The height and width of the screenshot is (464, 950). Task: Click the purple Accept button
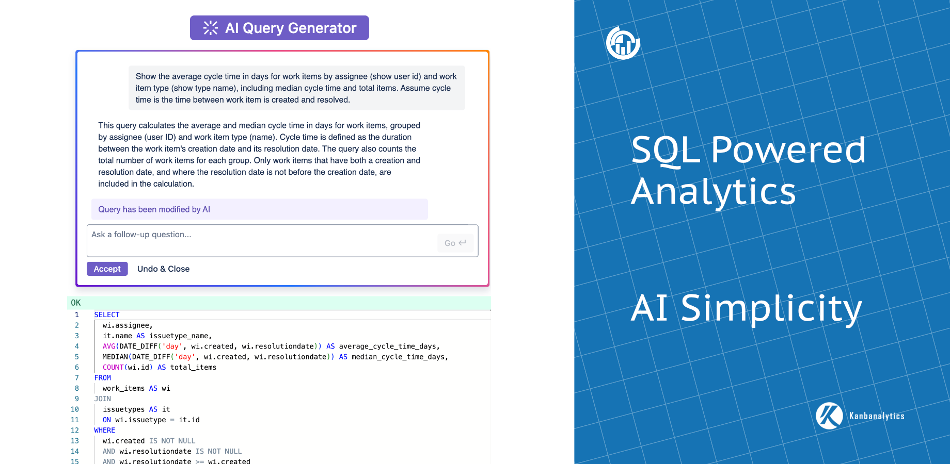click(107, 269)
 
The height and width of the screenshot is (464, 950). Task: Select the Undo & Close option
click(163, 269)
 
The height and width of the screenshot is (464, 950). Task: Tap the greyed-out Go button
click(455, 243)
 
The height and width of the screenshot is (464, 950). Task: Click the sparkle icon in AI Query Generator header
click(210, 28)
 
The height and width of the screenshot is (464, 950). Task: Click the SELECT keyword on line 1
click(107, 314)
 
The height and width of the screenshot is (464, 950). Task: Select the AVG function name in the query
click(108, 346)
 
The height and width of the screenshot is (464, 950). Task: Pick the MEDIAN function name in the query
click(115, 357)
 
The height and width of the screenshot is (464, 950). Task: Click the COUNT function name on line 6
click(113, 367)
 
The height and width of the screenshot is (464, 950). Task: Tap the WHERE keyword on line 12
click(104, 430)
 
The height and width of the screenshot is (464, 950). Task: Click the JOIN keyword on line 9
click(102, 399)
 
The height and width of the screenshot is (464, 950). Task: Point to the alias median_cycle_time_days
click(399, 357)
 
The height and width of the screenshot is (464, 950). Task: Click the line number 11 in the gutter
click(75, 420)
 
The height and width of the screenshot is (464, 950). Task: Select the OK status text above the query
click(76, 303)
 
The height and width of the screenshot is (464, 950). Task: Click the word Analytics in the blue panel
click(713, 191)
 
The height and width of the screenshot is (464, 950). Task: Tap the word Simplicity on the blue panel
click(771, 308)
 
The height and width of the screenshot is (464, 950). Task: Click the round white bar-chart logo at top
click(623, 43)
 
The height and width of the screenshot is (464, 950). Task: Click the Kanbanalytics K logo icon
click(829, 416)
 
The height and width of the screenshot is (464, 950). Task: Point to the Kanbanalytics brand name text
click(877, 416)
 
